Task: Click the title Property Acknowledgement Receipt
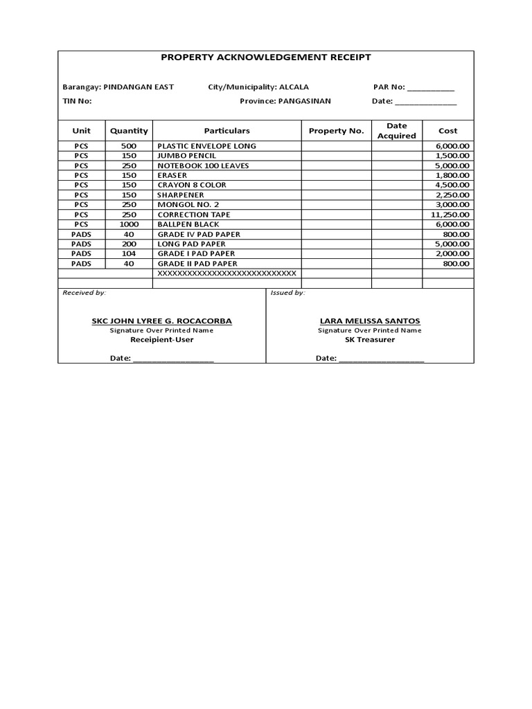coord(266,57)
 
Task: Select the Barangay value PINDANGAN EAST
coord(138,87)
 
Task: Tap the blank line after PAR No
coord(431,89)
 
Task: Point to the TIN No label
coord(77,101)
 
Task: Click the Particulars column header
coord(227,131)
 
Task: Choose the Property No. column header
coord(336,131)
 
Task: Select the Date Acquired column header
coord(396,131)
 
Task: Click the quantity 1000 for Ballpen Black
coord(129,224)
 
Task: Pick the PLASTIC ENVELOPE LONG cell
coord(206,146)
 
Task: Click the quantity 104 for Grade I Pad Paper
coord(129,254)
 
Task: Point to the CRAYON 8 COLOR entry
coord(192,186)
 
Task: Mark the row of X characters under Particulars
coord(227,273)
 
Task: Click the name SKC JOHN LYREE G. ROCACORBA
coord(162,321)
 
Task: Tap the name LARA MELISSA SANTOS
coord(369,321)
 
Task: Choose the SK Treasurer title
coord(370,340)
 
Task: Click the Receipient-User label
coord(162,340)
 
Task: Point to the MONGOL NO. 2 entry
coord(188,205)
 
